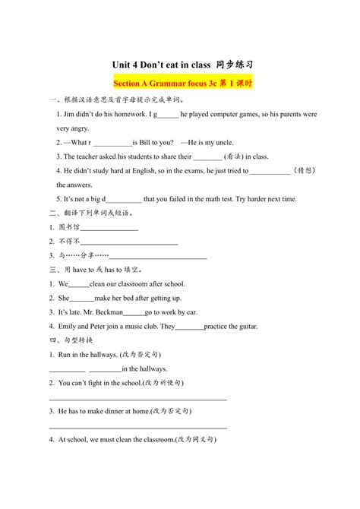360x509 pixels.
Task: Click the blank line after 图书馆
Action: click(x=109, y=227)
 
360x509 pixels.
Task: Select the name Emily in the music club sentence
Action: click(x=66, y=327)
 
